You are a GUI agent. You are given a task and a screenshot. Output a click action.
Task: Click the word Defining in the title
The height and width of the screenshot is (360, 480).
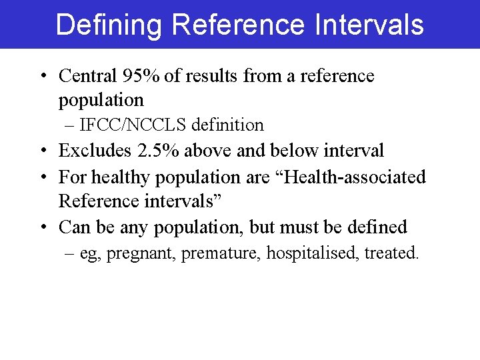(x=109, y=25)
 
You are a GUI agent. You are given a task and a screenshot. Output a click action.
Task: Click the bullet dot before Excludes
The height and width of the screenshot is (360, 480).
(x=43, y=151)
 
